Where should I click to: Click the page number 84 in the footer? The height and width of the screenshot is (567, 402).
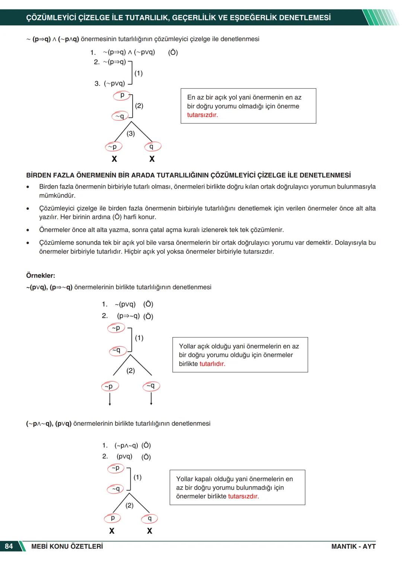pyautogui.click(x=9, y=546)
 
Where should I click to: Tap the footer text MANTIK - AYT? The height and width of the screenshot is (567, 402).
pyautogui.click(x=353, y=546)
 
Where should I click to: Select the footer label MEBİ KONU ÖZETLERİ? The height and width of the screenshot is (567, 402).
pyautogui.click(x=67, y=546)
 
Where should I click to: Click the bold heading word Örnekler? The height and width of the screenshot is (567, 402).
pyautogui.click(x=41, y=276)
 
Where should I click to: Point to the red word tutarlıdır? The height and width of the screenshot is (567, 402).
pyautogui.click(x=212, y=364)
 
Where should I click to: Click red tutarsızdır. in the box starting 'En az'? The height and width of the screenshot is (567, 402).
pyautogui.click(x=202, y=115)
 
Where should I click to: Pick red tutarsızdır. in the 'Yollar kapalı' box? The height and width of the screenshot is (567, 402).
pyautogui.click(x=243, y=496)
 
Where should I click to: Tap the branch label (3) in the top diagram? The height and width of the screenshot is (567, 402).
pyautogui.click(x=131, y=133)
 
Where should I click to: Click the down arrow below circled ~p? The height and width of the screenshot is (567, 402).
pyautogui.click(x=110, y=399)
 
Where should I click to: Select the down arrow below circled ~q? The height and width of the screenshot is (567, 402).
pyautogui.click(x=151, y=399)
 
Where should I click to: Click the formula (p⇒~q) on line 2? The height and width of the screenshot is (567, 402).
pyautogui.click(x=128, y=316)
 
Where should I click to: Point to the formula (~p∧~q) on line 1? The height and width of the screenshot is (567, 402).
pyautogui.click(x=126, y=446)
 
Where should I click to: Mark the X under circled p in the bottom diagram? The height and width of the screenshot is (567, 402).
pyautogui.click(x=112, y=531)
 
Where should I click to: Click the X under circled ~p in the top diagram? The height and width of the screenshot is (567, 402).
pyautogui.click(x=114, y=159)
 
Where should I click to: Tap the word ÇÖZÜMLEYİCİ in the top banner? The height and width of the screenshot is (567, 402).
pyautogui.click(x=51, y=18)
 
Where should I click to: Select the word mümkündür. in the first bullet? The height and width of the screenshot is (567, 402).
pyautogui.click(x=57, y=196)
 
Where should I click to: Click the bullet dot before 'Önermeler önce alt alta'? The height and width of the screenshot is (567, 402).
pyautogui.click(x=28, y=230)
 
